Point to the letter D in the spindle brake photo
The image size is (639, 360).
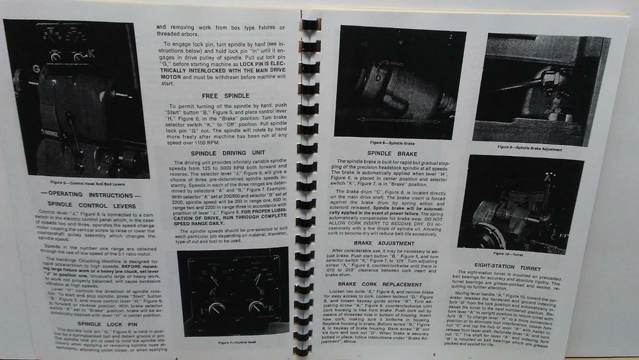click(379, 78)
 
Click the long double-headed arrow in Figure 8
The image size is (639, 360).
click(399, 120)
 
